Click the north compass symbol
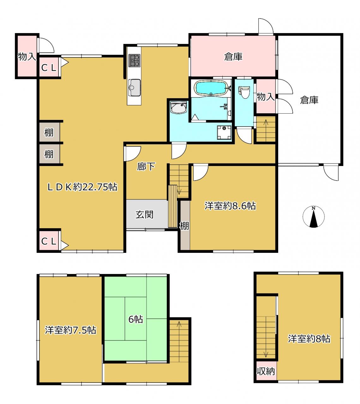[313, 217]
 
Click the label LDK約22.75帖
[82, 187]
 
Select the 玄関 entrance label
[145, 215]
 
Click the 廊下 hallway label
[146, 166]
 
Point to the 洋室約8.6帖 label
[230, 206]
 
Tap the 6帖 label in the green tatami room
[135, 319]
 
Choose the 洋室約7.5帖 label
[70, 330]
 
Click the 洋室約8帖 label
[309, 339]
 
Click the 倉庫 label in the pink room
[233, 57]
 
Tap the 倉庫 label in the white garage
[309, 100]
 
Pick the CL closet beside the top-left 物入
[49, 67]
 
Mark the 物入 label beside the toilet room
[265, 97]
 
